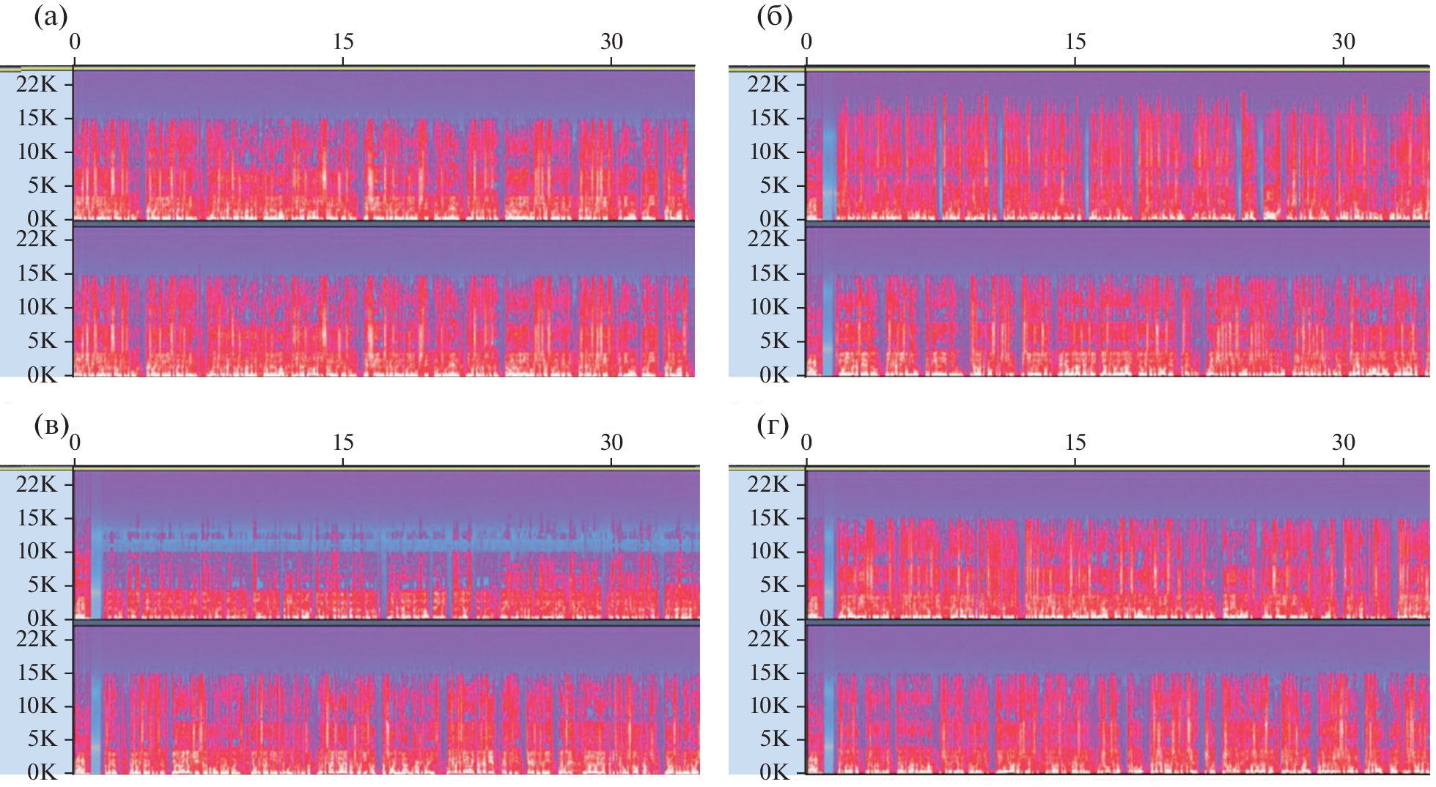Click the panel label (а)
click(x=51, y=17)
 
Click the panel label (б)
click(x=774, y=17)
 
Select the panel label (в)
click(x=51, y=425)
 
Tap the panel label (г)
click(x=773, y=425)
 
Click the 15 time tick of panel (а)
click(x=343, y=42)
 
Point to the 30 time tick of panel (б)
click(x=1343, y=42)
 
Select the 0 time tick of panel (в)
click(x=75, y=443)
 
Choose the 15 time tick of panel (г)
click(x=1075, y=443)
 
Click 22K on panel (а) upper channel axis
click(x=37, y=84)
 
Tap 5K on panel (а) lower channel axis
click(x=42, y=341)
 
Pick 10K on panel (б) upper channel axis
click(x=768, y=152)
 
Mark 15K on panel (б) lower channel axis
click(x=768, y=273)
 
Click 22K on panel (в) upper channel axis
click(x=37, y=484)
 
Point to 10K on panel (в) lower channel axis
click(x=37, y=706)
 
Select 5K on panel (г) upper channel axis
click(x=773, y=585)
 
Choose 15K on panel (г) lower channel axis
click(x=768, y=673)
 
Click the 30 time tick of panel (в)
click(x=611, y=443)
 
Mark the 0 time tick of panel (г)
click(x=806, y=443)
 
